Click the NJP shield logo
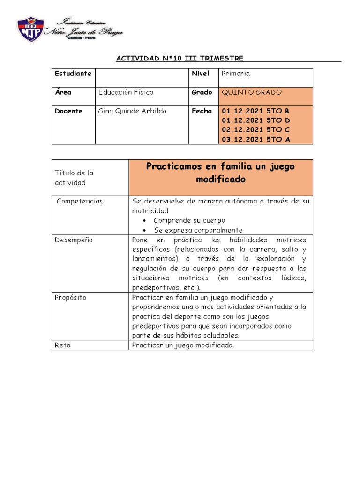click(x=30, y=30)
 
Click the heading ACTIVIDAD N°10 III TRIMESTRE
click(x=180, y=58)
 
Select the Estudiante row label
click(x=73, y=74)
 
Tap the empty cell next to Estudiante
click(x=142, y=77)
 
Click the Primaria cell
click(x=236, y=74)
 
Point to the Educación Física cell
click(x=126, y=92)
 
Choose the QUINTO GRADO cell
click(x=252, y=92)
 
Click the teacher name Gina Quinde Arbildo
click(x=132, y=111)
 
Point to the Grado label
click(x=202, y=92)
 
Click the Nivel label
click(x=200, y=74)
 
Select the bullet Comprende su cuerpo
click(x=189, y=220)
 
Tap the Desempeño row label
click(x=74, y=240)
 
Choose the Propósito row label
click(x=70, y=298)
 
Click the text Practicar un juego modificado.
click(x=183, y=345)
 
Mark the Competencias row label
click(x=80, y=201)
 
